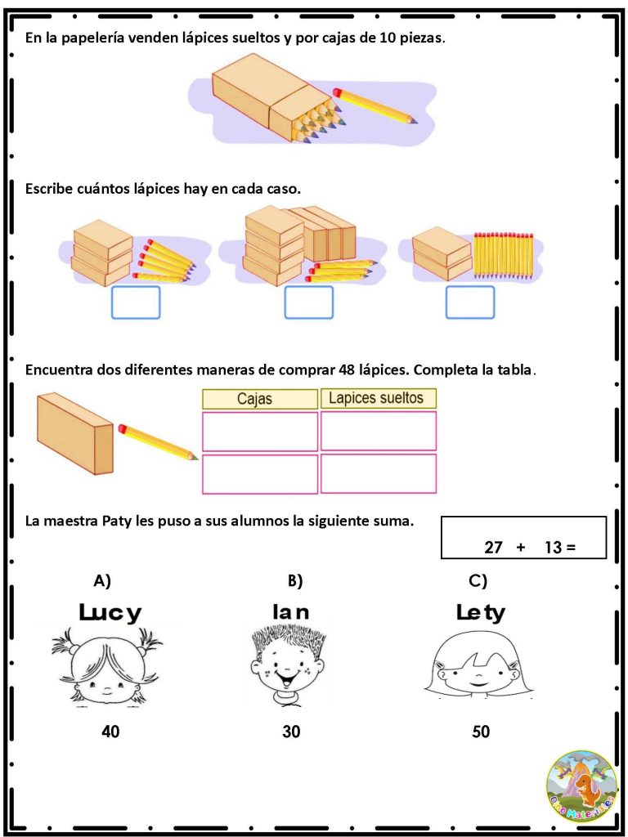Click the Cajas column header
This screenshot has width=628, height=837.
click(259, 399)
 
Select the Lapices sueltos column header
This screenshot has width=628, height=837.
click(378, 398)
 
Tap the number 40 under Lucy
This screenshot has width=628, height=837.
click(110, 732)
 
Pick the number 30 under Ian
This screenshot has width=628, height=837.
click(292, 732)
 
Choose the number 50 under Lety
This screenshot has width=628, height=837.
click(481, 732)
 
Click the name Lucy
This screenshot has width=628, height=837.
click(110, 613)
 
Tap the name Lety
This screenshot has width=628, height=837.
click(481, 613)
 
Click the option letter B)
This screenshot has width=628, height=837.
click(295, 581)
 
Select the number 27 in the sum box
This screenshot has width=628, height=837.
click(494, 547)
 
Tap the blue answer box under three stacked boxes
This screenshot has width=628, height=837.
click(136, 302)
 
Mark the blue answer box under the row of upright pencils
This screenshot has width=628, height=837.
click(470, 302)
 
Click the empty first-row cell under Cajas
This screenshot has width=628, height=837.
click(259, 432)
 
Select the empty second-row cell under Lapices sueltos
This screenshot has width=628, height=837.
click(378, 473)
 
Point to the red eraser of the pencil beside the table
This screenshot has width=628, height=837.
click(123, 428)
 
